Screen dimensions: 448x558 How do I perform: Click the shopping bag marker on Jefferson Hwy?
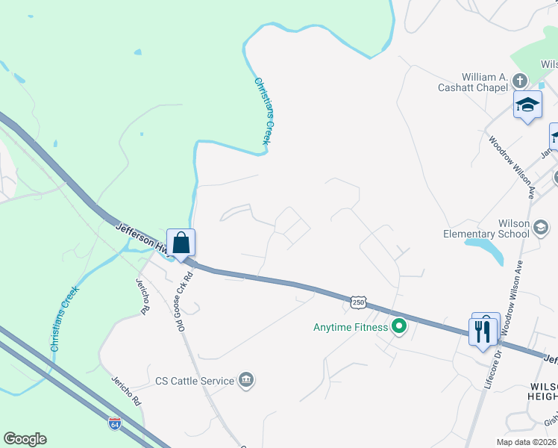click(181, 243)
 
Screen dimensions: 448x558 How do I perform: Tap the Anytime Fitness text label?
click(351, 327)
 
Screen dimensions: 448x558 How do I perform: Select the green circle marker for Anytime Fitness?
click(399, 326)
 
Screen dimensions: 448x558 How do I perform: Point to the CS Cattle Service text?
click(195, 381)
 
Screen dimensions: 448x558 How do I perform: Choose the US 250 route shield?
click(358, 302)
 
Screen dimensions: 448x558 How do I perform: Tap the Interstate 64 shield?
click(114, 423)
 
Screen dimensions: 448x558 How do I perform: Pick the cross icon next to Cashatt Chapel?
click(521, 81)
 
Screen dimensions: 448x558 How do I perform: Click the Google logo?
click(25, 439)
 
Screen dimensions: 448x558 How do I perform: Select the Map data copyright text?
click(526, 442)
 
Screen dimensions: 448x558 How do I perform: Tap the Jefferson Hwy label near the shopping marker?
click(139, 236)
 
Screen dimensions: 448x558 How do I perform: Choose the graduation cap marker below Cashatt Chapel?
click(527, 106)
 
